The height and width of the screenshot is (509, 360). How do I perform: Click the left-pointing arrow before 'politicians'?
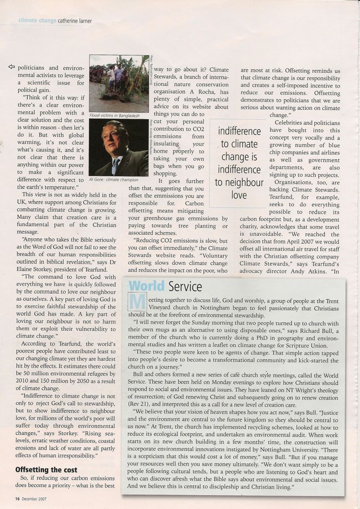click(x=12, y=67)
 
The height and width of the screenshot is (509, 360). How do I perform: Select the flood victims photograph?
click(x=119, y=83)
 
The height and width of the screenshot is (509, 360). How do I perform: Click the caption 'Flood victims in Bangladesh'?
click(x=114, y=116)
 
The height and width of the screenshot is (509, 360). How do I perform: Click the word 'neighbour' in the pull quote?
click(x=239, y=182)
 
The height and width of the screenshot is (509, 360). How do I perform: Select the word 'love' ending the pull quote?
click(x=239, y=195)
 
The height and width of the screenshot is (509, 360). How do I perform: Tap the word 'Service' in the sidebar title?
click(x=188, y=286)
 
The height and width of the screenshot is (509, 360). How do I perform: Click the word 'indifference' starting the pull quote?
click(x=239, y=131)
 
